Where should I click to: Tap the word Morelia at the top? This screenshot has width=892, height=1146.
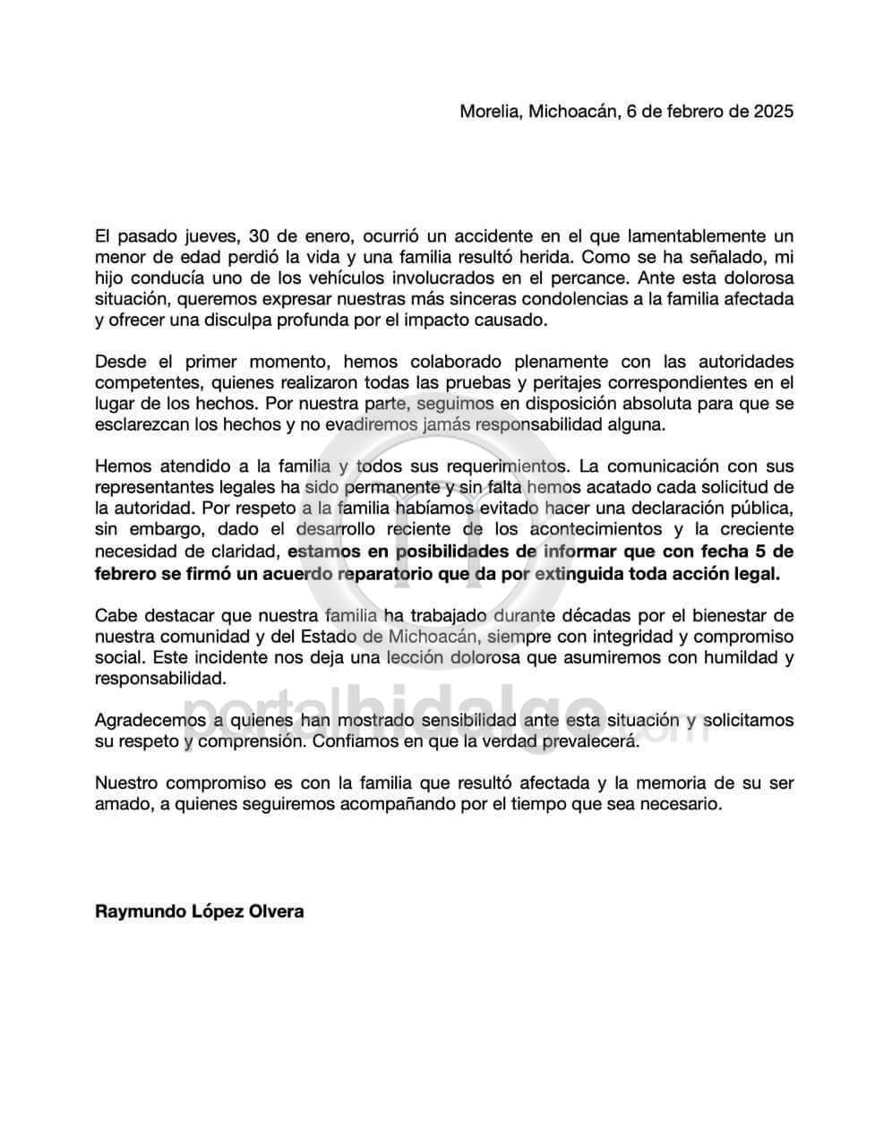(x=489, y=112)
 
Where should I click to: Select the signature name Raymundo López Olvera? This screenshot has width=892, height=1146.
(x=199, y=911)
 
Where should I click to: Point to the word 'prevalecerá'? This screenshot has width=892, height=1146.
(x=594, y=740)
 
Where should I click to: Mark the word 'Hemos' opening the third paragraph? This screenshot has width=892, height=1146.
(x=120, y=466)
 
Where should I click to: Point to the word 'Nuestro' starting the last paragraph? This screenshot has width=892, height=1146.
(x=125, y=783)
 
